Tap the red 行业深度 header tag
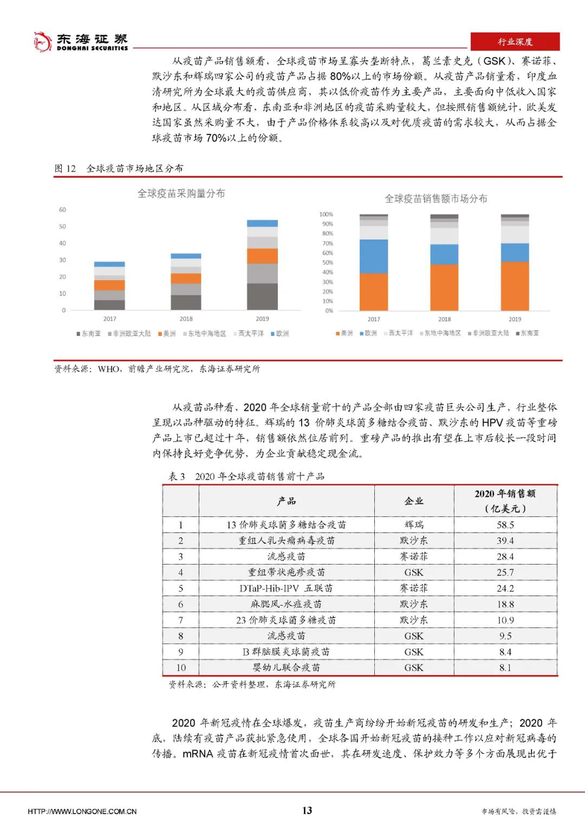515,42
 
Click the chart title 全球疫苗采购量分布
181,193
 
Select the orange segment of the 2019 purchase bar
262,256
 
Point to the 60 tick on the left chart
62,210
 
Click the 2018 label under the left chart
186,319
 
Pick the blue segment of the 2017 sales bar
374,256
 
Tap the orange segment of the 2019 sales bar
515,286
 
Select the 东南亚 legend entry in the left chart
88,334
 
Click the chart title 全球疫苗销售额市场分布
435,199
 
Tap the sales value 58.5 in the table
505,524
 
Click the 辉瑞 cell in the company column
414,524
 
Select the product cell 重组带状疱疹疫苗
287,572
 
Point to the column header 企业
414,501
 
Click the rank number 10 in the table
180,667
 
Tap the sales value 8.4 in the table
505,652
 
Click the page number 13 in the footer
307,810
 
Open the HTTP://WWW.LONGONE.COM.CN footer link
82,811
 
